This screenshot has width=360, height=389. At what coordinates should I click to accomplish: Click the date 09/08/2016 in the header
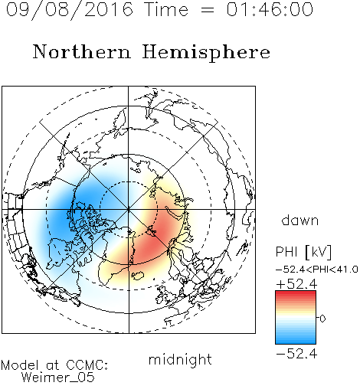[70, 10]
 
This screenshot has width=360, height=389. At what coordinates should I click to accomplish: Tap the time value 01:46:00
[270, 9]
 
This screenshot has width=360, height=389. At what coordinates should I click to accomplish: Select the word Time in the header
[166, 9]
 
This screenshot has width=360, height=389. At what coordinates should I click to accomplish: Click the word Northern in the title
[82, 51]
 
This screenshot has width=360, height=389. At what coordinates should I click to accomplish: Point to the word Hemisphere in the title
[206, 53]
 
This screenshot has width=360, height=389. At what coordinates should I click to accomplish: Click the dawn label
[300, 220]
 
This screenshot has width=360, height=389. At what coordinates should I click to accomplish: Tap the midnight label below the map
[180, 359]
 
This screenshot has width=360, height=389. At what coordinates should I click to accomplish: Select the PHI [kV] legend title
[303, 252]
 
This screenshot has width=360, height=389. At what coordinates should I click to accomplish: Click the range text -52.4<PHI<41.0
[317, 270]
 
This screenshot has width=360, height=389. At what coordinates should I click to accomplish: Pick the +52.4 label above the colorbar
[296, 284]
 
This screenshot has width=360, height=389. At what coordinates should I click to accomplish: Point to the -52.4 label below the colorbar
[296, 354]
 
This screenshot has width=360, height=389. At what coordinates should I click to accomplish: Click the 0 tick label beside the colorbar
[322, 319]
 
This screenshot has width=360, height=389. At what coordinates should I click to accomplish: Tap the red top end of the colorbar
[296, 293]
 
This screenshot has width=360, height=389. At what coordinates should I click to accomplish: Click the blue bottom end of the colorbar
[296, 342]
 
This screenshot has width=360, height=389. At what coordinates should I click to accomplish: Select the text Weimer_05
[58, 378]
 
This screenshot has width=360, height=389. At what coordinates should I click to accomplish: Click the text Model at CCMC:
[54, 365]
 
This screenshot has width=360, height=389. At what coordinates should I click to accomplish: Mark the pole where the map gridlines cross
[129, 209]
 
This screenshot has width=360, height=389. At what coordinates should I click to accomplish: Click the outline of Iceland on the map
[138, 276]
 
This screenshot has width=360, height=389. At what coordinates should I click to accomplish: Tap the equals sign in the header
[208, 10]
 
